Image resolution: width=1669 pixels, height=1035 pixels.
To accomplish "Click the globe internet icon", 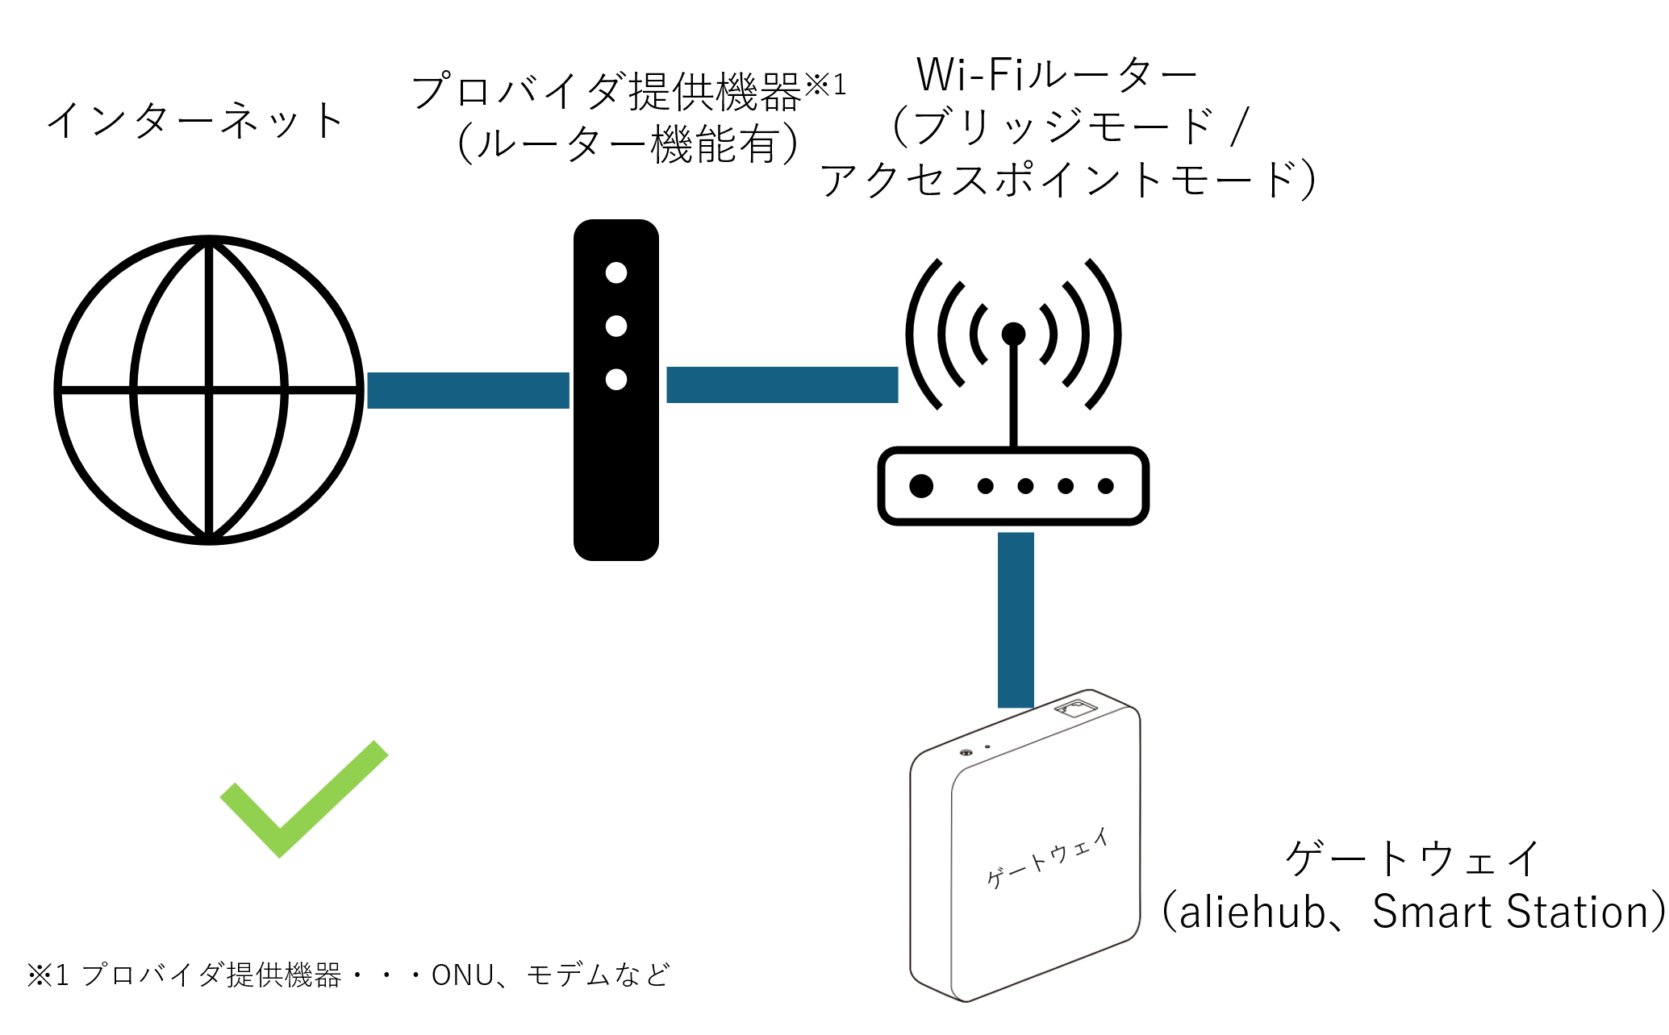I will pos(209,390).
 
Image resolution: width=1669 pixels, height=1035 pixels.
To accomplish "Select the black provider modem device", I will pos(616,468).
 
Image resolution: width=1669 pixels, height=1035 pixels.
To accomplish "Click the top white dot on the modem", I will pos(616,273).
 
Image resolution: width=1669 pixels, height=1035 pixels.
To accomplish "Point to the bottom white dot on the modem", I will pos(616,380).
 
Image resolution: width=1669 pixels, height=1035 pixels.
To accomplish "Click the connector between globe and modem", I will pos(468,391).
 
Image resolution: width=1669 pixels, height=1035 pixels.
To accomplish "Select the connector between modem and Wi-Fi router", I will pos(782,384).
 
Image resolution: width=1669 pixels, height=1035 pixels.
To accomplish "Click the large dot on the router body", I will pos(921,486).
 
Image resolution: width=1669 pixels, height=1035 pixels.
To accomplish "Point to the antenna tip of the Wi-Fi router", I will pos(1013,334).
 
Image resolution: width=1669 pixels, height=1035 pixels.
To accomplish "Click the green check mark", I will pos(303,798).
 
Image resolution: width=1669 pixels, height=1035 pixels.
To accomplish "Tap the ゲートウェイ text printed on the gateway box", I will pos(1047,858).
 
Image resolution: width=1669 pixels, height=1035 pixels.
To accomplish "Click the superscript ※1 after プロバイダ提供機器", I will pos(826,85).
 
